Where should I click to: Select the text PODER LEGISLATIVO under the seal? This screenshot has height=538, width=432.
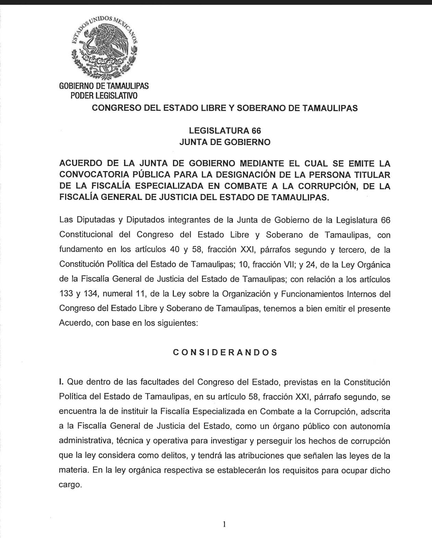(104, 96)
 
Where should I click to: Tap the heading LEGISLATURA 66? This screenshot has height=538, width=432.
(225, 131)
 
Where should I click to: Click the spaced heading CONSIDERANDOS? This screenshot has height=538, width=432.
(225, 352)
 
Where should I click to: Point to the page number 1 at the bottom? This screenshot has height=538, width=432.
(224, 524)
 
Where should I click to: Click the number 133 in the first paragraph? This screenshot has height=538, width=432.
(66, 294)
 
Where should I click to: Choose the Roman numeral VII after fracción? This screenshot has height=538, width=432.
(284, 264)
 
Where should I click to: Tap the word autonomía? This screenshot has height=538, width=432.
(370, 426)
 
